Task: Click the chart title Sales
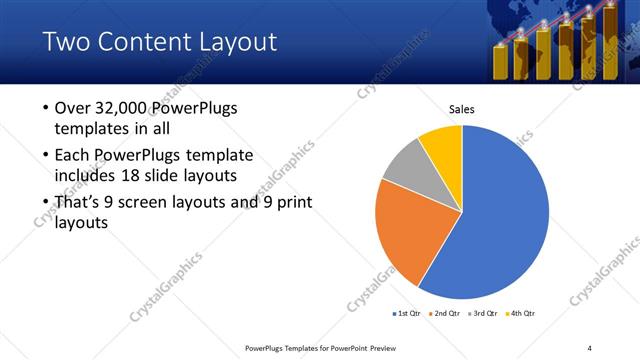coord(461,109)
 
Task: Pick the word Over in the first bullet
coord(73,108)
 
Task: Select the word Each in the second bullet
coord(73,156)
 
